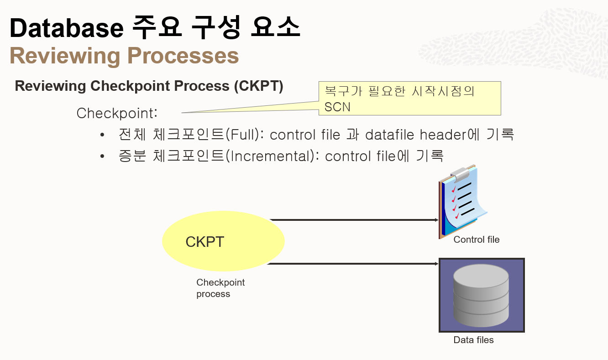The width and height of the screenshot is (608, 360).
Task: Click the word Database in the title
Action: (67, 28)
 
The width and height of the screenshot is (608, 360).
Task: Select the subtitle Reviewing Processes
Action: (124, 56)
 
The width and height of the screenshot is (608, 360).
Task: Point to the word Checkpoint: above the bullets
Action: (117, 113)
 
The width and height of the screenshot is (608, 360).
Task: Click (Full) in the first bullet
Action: (246, 135)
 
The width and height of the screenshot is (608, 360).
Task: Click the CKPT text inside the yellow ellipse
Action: (204, 241)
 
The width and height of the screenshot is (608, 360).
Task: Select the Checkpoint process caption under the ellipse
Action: (220, 288)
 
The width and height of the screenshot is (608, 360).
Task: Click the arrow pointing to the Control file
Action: (354, 220)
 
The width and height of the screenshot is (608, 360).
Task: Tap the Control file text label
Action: (477, 240)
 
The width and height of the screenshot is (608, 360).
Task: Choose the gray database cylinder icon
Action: (481, 295)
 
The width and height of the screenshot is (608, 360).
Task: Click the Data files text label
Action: (473, 340)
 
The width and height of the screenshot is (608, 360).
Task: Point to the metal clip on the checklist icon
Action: (461, 173)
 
